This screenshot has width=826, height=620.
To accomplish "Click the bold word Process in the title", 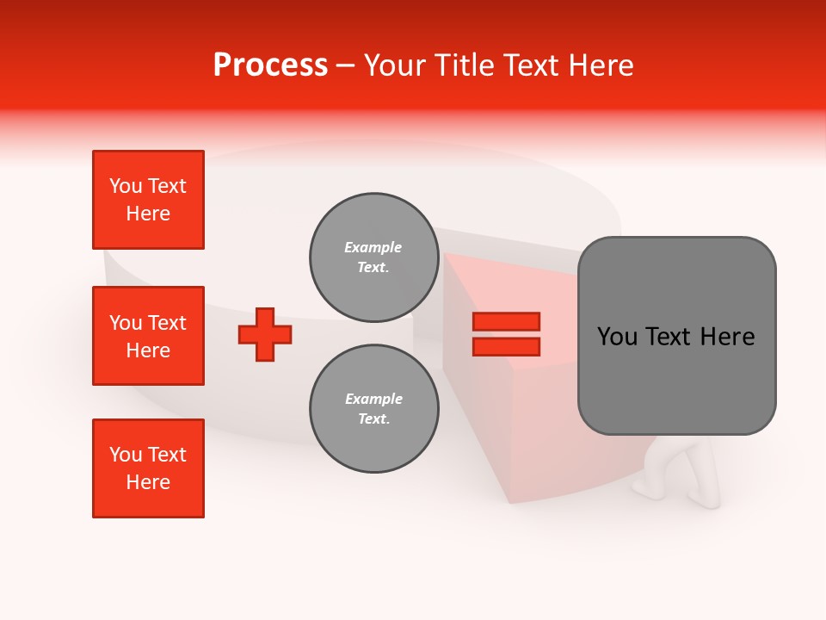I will [270, 65].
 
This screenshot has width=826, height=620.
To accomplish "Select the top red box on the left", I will [148, 200].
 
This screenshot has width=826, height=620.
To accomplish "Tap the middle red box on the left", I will [148, 336].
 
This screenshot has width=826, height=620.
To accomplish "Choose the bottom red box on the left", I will [148, 468].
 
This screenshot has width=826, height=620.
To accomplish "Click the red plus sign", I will [265, 334].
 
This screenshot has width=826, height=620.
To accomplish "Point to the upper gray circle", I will [373, 257].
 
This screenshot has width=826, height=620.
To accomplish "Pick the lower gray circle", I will [373, 409].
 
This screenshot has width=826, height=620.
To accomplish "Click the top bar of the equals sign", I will [507, 322].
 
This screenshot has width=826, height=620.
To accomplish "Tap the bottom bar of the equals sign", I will [507, 347].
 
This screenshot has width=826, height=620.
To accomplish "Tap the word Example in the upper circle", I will [373, 247].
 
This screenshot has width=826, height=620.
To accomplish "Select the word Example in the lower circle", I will [373, 399].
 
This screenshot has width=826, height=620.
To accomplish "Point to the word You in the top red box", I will [126, 186].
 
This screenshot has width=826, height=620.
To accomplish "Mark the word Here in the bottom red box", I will [148, 482].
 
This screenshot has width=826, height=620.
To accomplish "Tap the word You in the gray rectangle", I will [617, 337].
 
